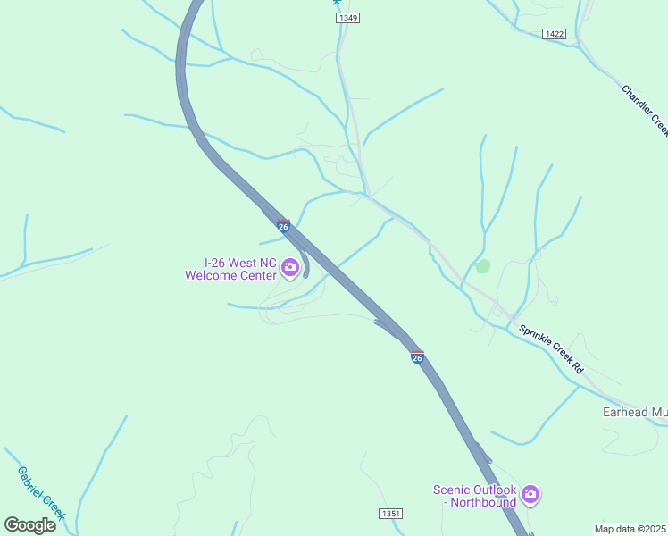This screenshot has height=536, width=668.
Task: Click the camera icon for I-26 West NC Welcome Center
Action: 290,266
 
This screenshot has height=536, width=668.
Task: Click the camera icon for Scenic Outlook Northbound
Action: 530,493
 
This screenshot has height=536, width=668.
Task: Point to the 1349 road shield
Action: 348,18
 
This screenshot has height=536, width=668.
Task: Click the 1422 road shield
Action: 554,34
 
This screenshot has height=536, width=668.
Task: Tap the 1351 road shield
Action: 390,514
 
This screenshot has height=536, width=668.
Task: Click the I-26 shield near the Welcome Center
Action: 283,226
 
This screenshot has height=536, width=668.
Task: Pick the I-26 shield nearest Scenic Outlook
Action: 417,357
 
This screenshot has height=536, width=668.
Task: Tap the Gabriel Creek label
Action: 41,492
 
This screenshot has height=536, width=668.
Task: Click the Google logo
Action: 29,524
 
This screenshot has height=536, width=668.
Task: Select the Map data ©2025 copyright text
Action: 630,528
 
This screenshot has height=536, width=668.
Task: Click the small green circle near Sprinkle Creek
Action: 483,266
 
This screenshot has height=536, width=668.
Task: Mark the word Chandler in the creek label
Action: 637,102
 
